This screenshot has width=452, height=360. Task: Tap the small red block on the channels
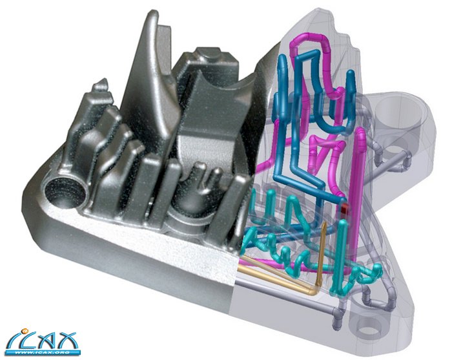345,208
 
